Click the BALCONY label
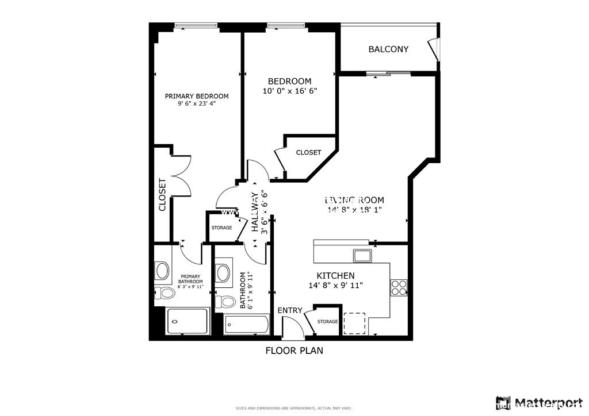[x=388, y=49]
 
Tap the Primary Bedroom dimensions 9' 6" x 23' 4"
[x=197, y=104]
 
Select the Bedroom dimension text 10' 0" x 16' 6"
[x=289, y=91]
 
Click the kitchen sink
[x=362, y=255]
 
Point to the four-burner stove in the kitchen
[x=399, y=287]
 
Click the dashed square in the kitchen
[x=354, y=323]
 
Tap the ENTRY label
[x=290, y=310]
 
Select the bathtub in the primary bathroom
[x=187, y=322]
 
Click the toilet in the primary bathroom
[x=166, y=293]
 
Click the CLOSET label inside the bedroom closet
[x=308, y=153]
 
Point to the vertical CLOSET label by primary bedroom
[x=162, y=195]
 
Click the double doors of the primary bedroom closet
[x=181, y=176]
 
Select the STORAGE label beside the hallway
[x=221, y=228]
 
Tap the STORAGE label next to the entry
[x=327, y=322]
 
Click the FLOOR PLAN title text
[x=294, y=350]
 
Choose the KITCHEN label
[x=335, y=276]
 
